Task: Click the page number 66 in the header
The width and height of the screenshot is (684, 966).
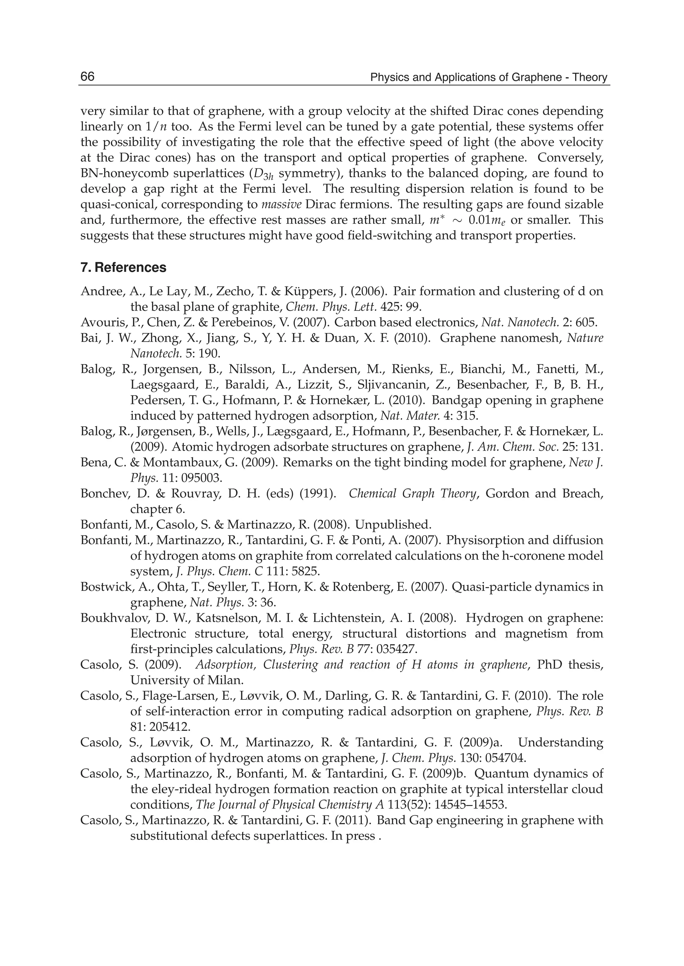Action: click(88, 77)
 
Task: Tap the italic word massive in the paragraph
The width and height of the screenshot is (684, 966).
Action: click(281, 205)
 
